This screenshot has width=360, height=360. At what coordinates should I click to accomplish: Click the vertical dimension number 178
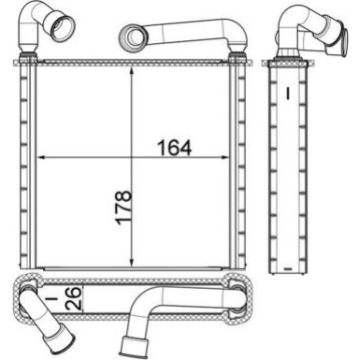coord(123,209)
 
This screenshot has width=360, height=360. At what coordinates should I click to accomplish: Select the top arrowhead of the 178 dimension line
coord(136,70)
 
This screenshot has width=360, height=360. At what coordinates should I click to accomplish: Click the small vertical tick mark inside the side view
coord(290,94)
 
